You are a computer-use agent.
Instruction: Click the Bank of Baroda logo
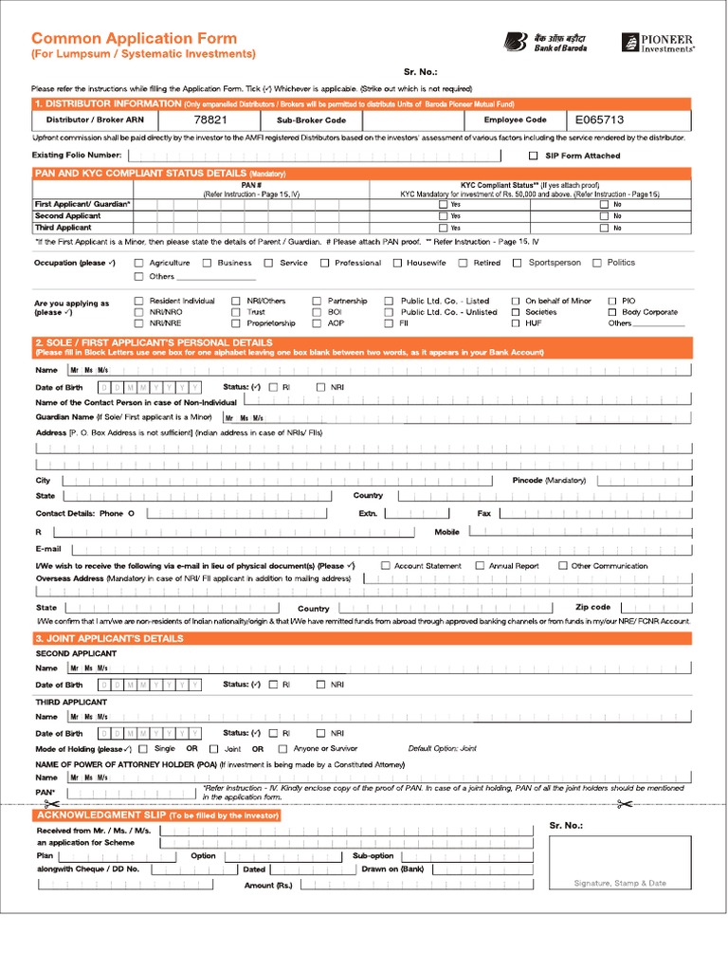click(545, 42)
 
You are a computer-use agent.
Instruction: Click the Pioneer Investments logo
click(657, 43)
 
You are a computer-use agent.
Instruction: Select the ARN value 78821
click(209, 120)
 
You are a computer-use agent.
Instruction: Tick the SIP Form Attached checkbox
click(533, 156)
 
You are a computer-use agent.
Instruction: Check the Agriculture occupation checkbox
click(139, 264)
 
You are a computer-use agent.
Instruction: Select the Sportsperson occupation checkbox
click(519, 264)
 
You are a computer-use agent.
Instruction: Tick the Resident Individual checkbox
click(139, 301)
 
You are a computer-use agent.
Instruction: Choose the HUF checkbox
click(516, 323)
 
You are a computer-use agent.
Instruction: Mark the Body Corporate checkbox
click(612, 312)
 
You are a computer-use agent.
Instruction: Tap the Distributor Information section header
click(107, 102)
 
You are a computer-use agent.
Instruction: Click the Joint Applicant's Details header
click(109, 638)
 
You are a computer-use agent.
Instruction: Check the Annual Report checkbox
click(480, 566)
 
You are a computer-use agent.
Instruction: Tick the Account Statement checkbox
click(386, 566)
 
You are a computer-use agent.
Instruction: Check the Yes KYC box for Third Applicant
click(442, 228)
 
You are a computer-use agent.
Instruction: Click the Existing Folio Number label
click(77, 155)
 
